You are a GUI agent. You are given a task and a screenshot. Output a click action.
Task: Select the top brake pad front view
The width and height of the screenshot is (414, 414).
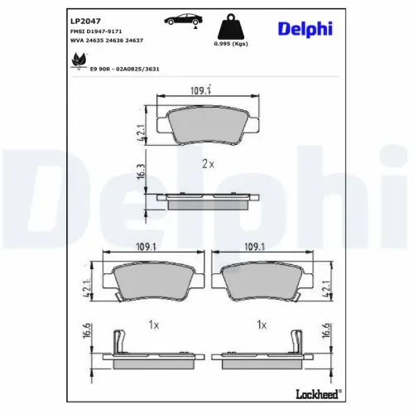point(204,127)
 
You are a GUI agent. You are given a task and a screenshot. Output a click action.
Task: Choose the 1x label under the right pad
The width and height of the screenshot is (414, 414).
point(261,325)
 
